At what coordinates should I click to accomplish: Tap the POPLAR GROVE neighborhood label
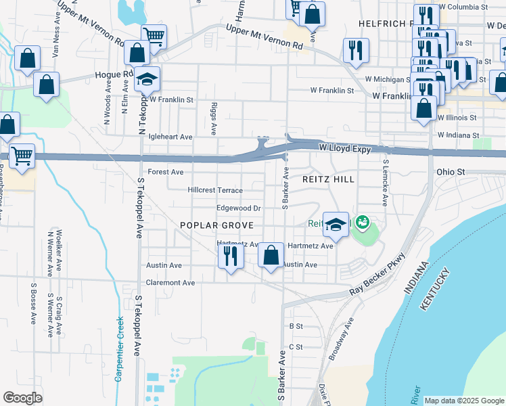(x=216, y=225)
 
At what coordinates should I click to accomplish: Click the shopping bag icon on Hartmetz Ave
(x=271, y=256)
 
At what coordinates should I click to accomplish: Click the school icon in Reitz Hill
(x=336, y=223)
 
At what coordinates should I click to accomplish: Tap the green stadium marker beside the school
(x=362, y=221)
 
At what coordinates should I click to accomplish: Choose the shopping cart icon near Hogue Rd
(x=154, y=36)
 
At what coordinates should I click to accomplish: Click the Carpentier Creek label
(x=119, y=348)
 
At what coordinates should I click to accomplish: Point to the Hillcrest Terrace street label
(x=215, y=191)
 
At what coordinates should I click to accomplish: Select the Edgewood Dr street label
(x=238, y=208)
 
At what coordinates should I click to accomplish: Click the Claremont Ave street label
(x=170, y=282)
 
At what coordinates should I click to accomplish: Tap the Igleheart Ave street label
(x=170, y=137)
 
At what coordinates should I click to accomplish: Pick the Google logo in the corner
(x=23, y=397)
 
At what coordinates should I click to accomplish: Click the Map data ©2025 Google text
(x=463, y=401)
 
